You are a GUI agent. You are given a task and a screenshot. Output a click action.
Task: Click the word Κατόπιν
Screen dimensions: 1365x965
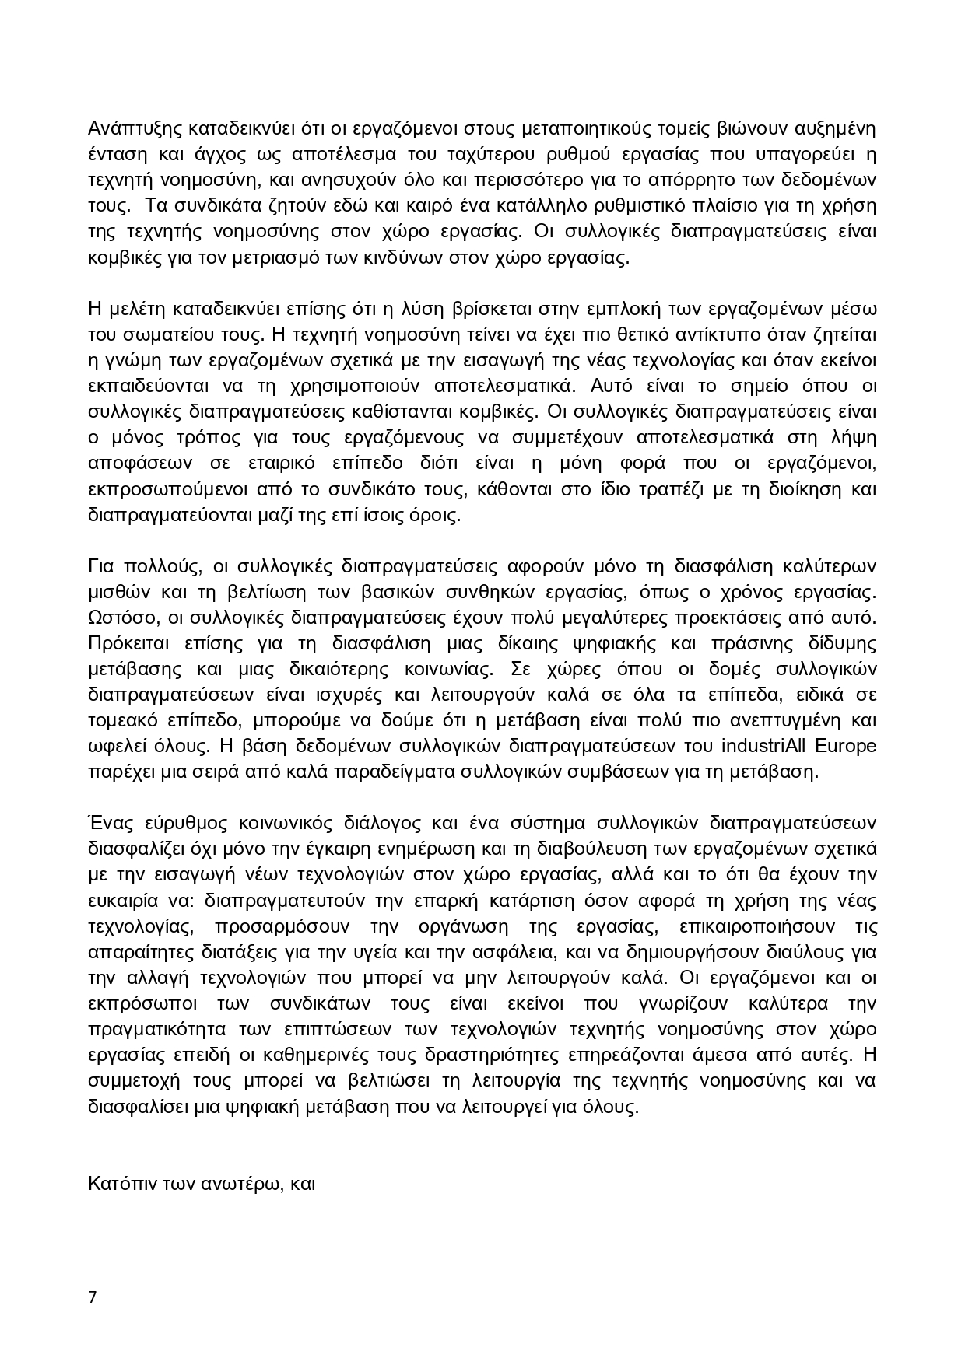pyautogui.click(x=121, y=1184)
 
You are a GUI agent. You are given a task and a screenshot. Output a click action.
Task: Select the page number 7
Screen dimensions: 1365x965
pyautogui.click(x=93, y=1297)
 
